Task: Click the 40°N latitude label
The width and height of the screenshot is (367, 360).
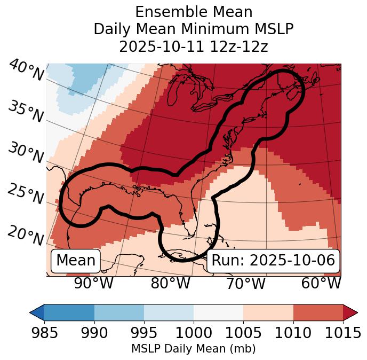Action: point(26,71)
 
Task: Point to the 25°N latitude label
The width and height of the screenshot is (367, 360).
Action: point(25,194)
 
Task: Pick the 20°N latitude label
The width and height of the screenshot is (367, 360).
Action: point(25,235)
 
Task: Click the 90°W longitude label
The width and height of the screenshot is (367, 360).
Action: point(94,284)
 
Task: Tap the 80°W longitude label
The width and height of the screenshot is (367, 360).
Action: point(170,284)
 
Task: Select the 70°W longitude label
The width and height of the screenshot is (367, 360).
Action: point(246,284)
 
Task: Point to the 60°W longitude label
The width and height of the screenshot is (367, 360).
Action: point(321,284)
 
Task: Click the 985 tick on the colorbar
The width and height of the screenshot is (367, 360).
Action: point(45,333)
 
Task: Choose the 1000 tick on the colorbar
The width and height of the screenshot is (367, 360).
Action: point(194,333)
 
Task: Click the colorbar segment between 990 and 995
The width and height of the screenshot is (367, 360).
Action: point(119,312)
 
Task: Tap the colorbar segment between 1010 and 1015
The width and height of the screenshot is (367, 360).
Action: point(317,312)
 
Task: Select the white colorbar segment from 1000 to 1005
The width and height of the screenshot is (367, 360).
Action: point(218,312)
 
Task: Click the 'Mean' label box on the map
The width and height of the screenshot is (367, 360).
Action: point(76,261)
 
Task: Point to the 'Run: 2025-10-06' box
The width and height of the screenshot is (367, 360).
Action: point(273,261)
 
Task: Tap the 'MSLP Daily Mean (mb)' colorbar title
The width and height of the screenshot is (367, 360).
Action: point(194,349)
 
